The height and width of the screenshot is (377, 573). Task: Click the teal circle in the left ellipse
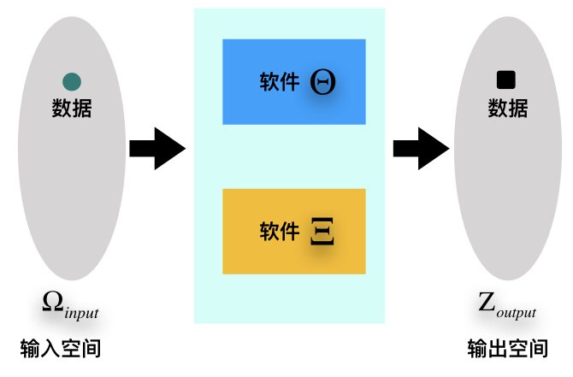pos(72,82)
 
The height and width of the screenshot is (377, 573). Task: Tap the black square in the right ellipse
pos(506,80)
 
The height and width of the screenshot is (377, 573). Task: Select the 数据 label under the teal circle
pos(72,109)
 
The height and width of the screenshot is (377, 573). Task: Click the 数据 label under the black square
pos(508,109)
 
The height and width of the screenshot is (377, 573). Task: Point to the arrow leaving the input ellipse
pos(157,149)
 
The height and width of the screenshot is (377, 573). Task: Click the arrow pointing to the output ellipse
pos(421,149)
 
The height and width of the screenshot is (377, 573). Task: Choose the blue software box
pos(293,81)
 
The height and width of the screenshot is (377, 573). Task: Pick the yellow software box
pos(293,231)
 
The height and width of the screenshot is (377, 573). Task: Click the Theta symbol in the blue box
pos(323,82)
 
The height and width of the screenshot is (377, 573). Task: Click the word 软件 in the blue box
pos(280,82)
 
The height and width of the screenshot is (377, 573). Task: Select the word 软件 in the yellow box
pos(280,232)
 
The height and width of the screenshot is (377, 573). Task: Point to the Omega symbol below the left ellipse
pos(53,302)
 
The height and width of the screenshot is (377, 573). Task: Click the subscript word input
pos(81,313)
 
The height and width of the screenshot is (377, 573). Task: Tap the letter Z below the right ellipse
pos(487,302)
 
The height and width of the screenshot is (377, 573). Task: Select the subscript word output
pos(517,313)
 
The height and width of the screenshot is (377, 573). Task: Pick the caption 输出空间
pos(508,349)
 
